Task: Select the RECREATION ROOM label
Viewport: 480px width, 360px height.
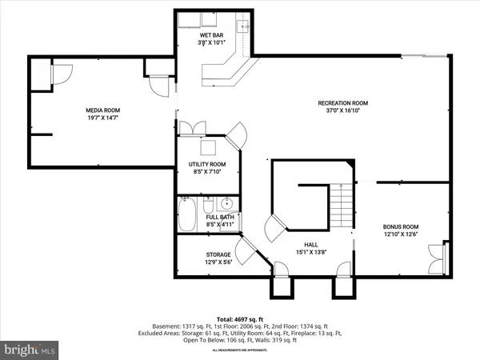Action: point(342,102)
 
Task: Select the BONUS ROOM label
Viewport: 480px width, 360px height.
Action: point(401,226)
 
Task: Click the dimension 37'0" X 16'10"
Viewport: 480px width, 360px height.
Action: point(342,110)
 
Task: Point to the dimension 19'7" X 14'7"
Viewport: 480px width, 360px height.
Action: point(102,118)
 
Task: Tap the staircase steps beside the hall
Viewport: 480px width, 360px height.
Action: point(342,206)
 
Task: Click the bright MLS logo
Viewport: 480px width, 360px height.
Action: point(30,349)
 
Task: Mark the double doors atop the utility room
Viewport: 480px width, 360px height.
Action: point(192,128)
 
